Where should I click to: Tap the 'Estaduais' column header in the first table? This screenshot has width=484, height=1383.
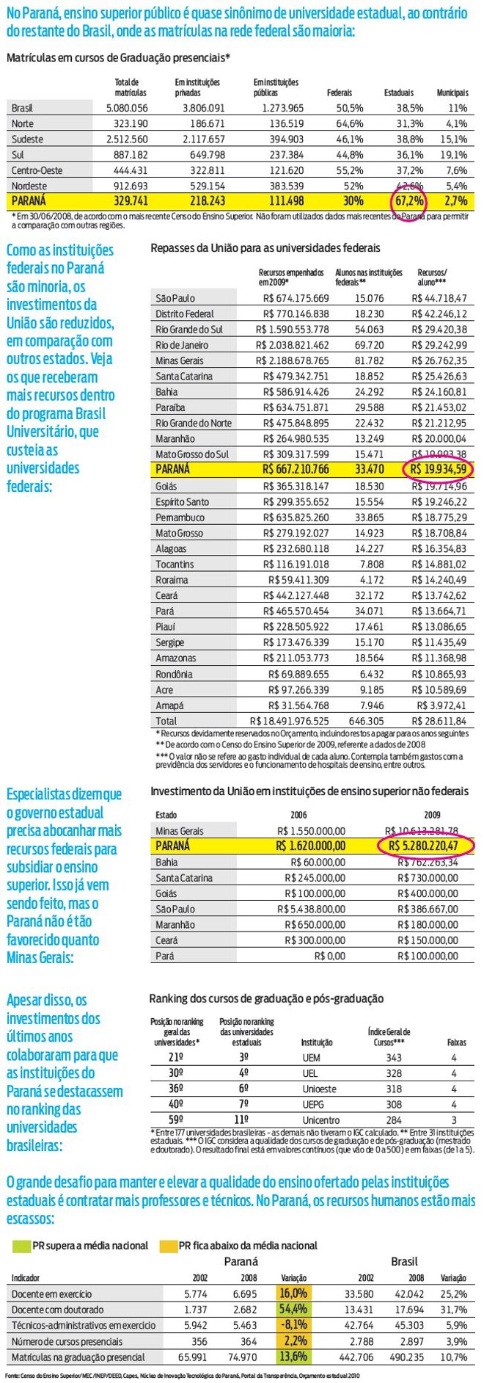(398, 93)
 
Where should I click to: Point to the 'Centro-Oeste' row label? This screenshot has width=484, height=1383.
(37, 170)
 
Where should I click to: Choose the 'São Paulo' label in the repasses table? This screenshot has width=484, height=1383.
(175, 298)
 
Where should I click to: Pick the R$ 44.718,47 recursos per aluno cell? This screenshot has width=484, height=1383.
(439, 298)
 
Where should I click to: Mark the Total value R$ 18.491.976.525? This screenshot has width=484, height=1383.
(290, 721)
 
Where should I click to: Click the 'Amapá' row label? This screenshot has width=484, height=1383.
(169, 705)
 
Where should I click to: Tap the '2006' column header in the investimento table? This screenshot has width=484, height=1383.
(298, 815)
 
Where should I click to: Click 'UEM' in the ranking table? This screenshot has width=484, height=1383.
(311, 1058)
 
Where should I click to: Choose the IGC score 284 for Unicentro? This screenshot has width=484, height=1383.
(394, 1120)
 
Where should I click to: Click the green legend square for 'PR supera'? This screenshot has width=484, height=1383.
(21, 1246)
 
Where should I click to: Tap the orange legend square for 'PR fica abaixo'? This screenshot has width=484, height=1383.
(169, 1246)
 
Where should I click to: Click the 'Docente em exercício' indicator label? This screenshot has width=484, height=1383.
(51, 1293)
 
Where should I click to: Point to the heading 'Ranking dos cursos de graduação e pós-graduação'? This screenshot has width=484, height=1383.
(266, 998)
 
